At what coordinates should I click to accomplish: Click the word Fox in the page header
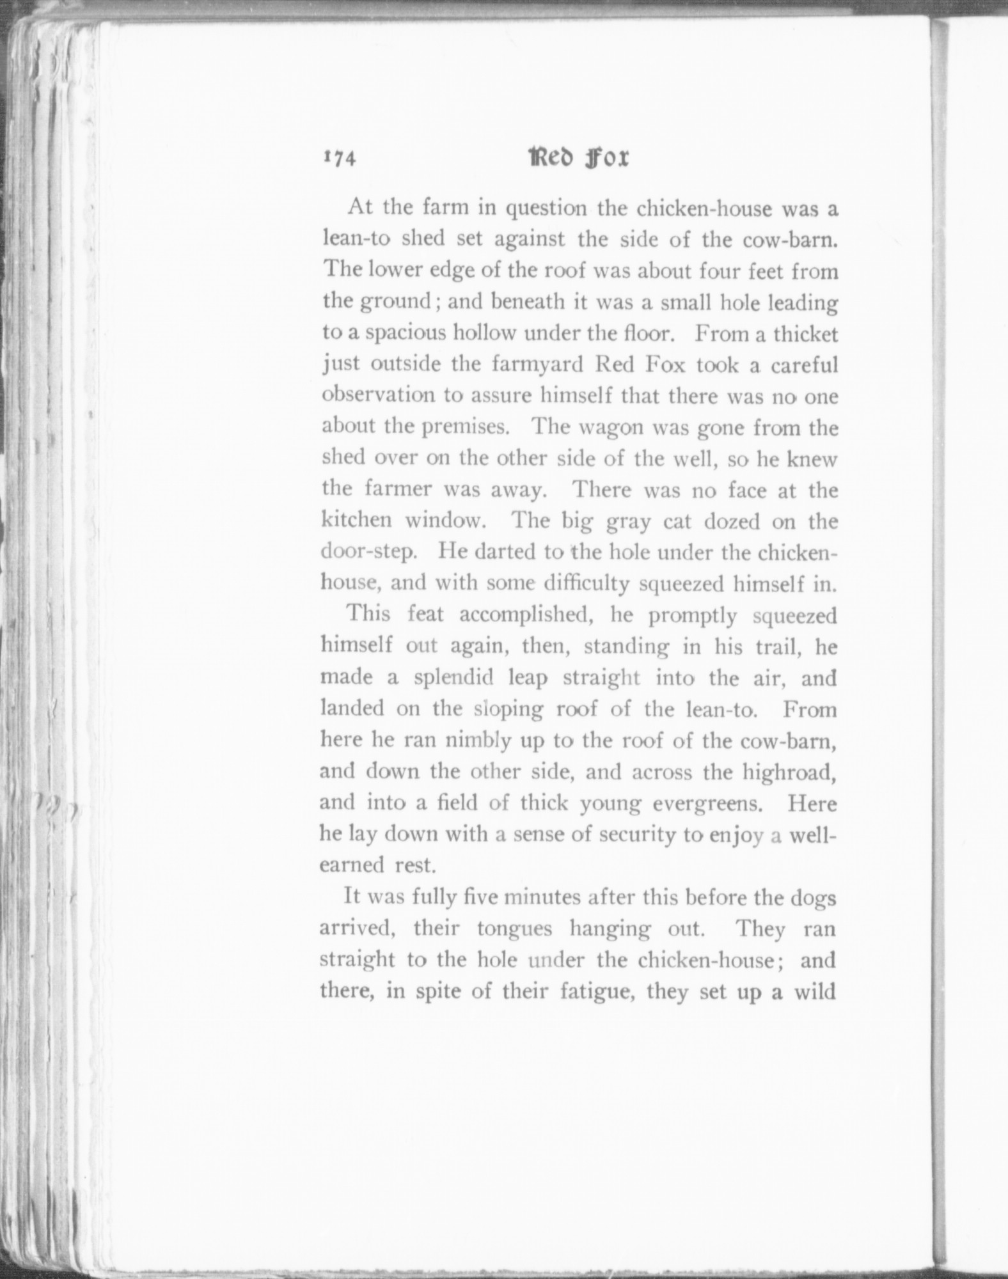(606, 158)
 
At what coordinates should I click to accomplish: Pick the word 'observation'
(377, 395)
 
